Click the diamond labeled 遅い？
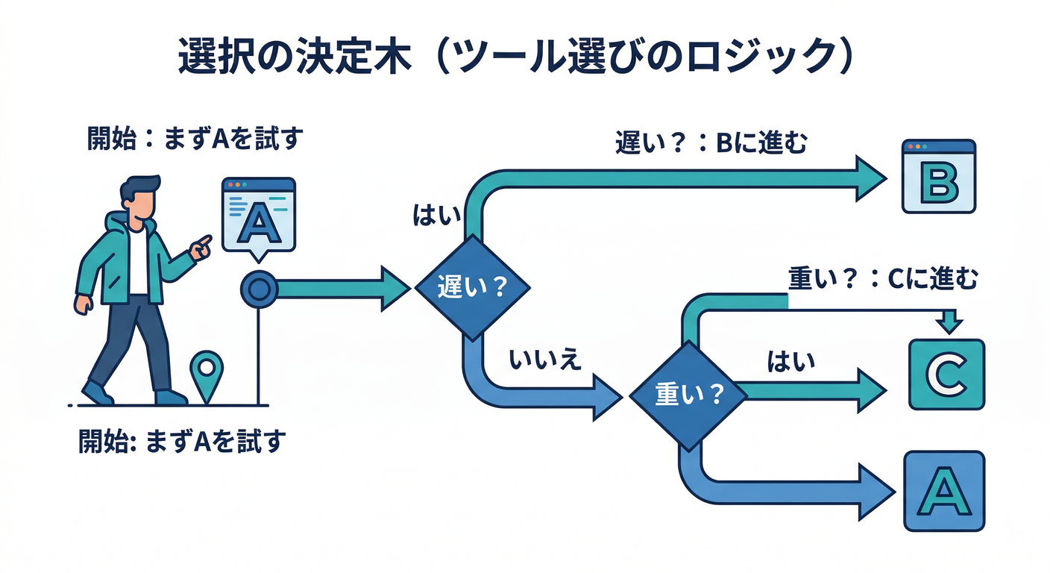(x=472, y=286)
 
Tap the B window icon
(x=939, y=177)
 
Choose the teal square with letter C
(x=946, y=375)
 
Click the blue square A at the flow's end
(x=944, y=490)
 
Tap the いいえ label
(x=544, y=360)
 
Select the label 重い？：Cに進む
(x=882, y=279)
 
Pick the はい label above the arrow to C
(x=790, y=363)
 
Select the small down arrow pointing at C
(x=949, y=322)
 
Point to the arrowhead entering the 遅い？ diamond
(x=395, y=287)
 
